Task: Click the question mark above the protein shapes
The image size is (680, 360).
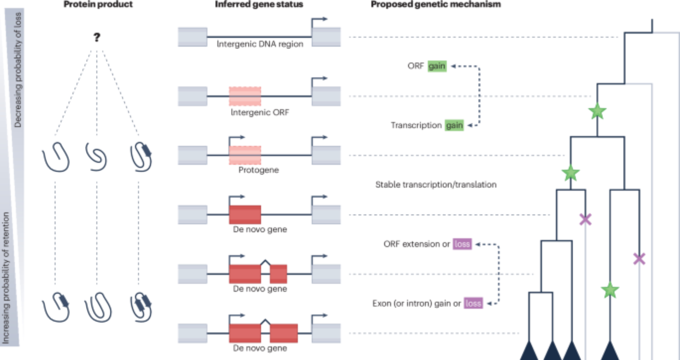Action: pyautogui.click(x=97, y=37)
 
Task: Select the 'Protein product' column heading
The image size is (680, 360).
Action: pyautogui.click(x=98, y=4)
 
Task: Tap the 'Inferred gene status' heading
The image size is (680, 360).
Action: pyautogui.click(x=259, y=4)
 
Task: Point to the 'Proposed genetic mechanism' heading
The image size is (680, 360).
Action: pyautogui.click(x=436, y=4)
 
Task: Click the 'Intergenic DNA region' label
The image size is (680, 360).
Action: pyautogui.click(x=260, y=44)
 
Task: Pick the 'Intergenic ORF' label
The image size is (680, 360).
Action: pyautogui.click(x=260, y=113)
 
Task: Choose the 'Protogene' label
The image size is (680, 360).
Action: pyautogui.click(x=258, y=170)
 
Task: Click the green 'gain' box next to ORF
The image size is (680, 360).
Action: pyautogui.click(x=437, y=66)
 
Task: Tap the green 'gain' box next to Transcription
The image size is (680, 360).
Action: pyautogui.click(x=454, y=125)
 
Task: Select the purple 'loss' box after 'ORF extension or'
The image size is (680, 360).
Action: pyautogui.click(x=462, y=244)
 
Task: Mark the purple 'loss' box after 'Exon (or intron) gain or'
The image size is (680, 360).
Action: pyautogui.click(x=473, y=303)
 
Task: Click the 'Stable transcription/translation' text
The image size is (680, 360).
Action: pyautogui.click(x=436, y=185)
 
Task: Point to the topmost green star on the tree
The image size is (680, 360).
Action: pyautogui.click(x=597, y=112)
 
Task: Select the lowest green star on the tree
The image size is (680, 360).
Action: pyautogui.click(x=610, y=290)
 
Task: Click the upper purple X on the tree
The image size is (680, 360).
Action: pyautogui.click(x=585, y=220)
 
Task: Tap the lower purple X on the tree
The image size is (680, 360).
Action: pyautogui.click(x=639, y=259)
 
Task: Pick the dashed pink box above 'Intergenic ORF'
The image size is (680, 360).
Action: pyautogui.click(x=245, y=96)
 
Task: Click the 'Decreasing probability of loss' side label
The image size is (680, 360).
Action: pyautogui.click(x=18, y=70)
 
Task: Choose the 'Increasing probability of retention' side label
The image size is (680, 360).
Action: pyautogui.click(x=6, y=278)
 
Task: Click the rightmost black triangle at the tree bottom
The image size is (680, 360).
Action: pyautogui.click(x=610, y=351)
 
